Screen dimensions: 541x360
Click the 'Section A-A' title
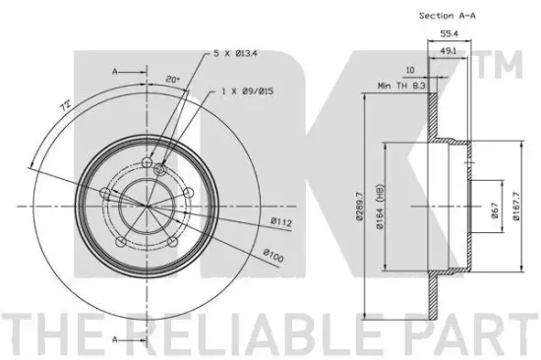tap(448, 16)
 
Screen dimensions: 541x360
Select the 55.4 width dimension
tap(449, 33)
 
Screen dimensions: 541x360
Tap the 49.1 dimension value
tap(449, 51)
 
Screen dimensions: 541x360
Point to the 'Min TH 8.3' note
tap(401, 86)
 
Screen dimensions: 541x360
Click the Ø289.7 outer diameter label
tap(359, 207)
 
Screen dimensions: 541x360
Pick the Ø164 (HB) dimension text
tap(380, 206)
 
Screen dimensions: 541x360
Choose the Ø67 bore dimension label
tap(495, 210)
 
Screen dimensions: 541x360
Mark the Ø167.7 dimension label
tap(515, 207)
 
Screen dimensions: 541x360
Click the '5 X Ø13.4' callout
tap(235, 53)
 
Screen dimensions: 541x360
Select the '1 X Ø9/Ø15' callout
tap(247, 91)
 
